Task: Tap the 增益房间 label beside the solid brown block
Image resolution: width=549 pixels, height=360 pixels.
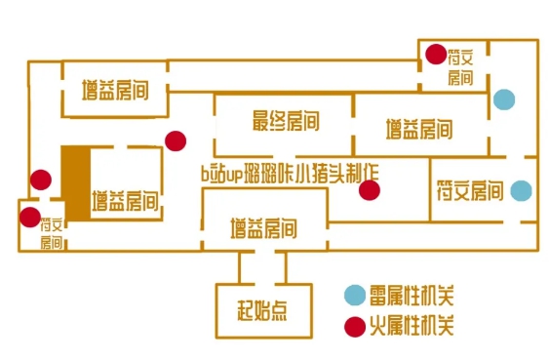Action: tap(126, 203)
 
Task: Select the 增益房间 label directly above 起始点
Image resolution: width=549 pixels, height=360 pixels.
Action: tap(263, 231)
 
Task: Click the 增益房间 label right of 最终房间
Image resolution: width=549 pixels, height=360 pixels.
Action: tap(418, 129)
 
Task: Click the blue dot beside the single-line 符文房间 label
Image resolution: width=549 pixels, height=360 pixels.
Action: tap(522, 190)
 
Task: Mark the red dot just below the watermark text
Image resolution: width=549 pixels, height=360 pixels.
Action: tap(369, 190)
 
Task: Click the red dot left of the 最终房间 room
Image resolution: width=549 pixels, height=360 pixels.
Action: tap(176, 140)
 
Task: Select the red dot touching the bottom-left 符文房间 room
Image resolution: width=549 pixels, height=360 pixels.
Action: tap(30, 217)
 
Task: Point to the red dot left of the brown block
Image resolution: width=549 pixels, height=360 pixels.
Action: tap(40, 180)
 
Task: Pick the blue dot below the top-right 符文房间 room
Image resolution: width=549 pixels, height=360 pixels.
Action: tap(503, 99)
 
